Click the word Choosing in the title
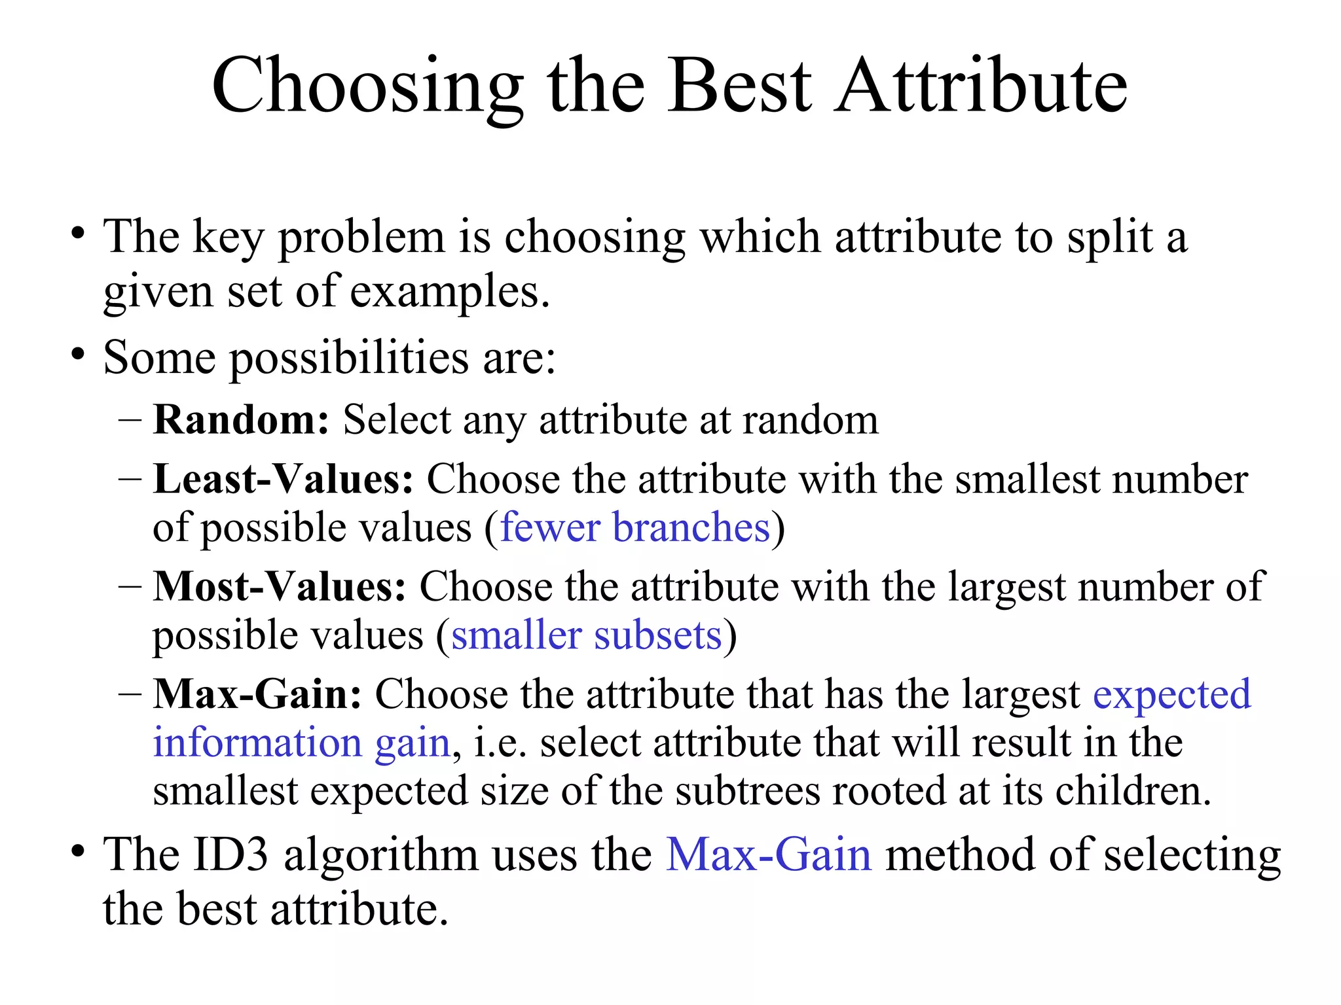pyautogui.click(x=367, y=87)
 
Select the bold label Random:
pyautogui.click(x=241, y=419)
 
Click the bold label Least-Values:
pyautogui.click(x=283, y=479)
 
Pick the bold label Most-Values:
pyautogui.click(x=280, y=586)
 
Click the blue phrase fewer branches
pyautogui.click(x=634, y=527)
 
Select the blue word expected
pyautogui.click(x=1172, y=695)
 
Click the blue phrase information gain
pyautogui.click(x=302, y=743)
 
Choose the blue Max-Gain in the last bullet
pyautogui.click(x=769, y=855)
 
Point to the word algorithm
pyautogui.click(x=380, y=856)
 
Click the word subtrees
pyautogui.click(x=747, y=791)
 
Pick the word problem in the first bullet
pyautogui.click(x=361, y=238)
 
